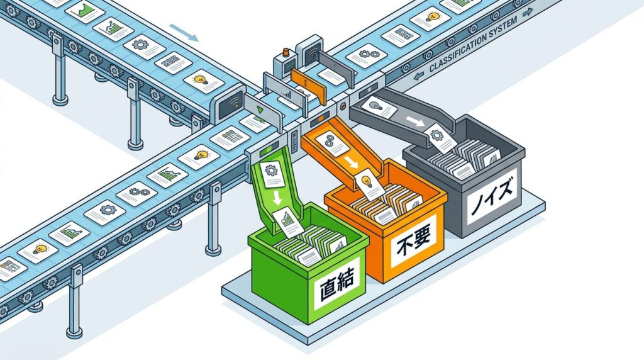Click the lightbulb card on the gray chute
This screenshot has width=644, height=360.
[x=378, y=108]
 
